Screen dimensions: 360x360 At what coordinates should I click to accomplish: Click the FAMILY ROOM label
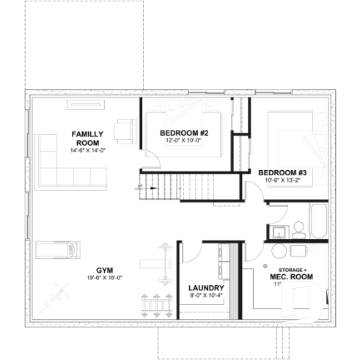[x=87, y=138]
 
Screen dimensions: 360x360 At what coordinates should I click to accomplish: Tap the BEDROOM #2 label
[x=185, y=133]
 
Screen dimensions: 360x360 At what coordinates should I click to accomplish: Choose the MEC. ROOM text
[x=292, y=276]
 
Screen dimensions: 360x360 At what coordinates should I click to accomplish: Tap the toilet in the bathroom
[x=300, y=229]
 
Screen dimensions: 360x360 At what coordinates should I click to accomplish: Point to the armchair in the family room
[x=125, y=131]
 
